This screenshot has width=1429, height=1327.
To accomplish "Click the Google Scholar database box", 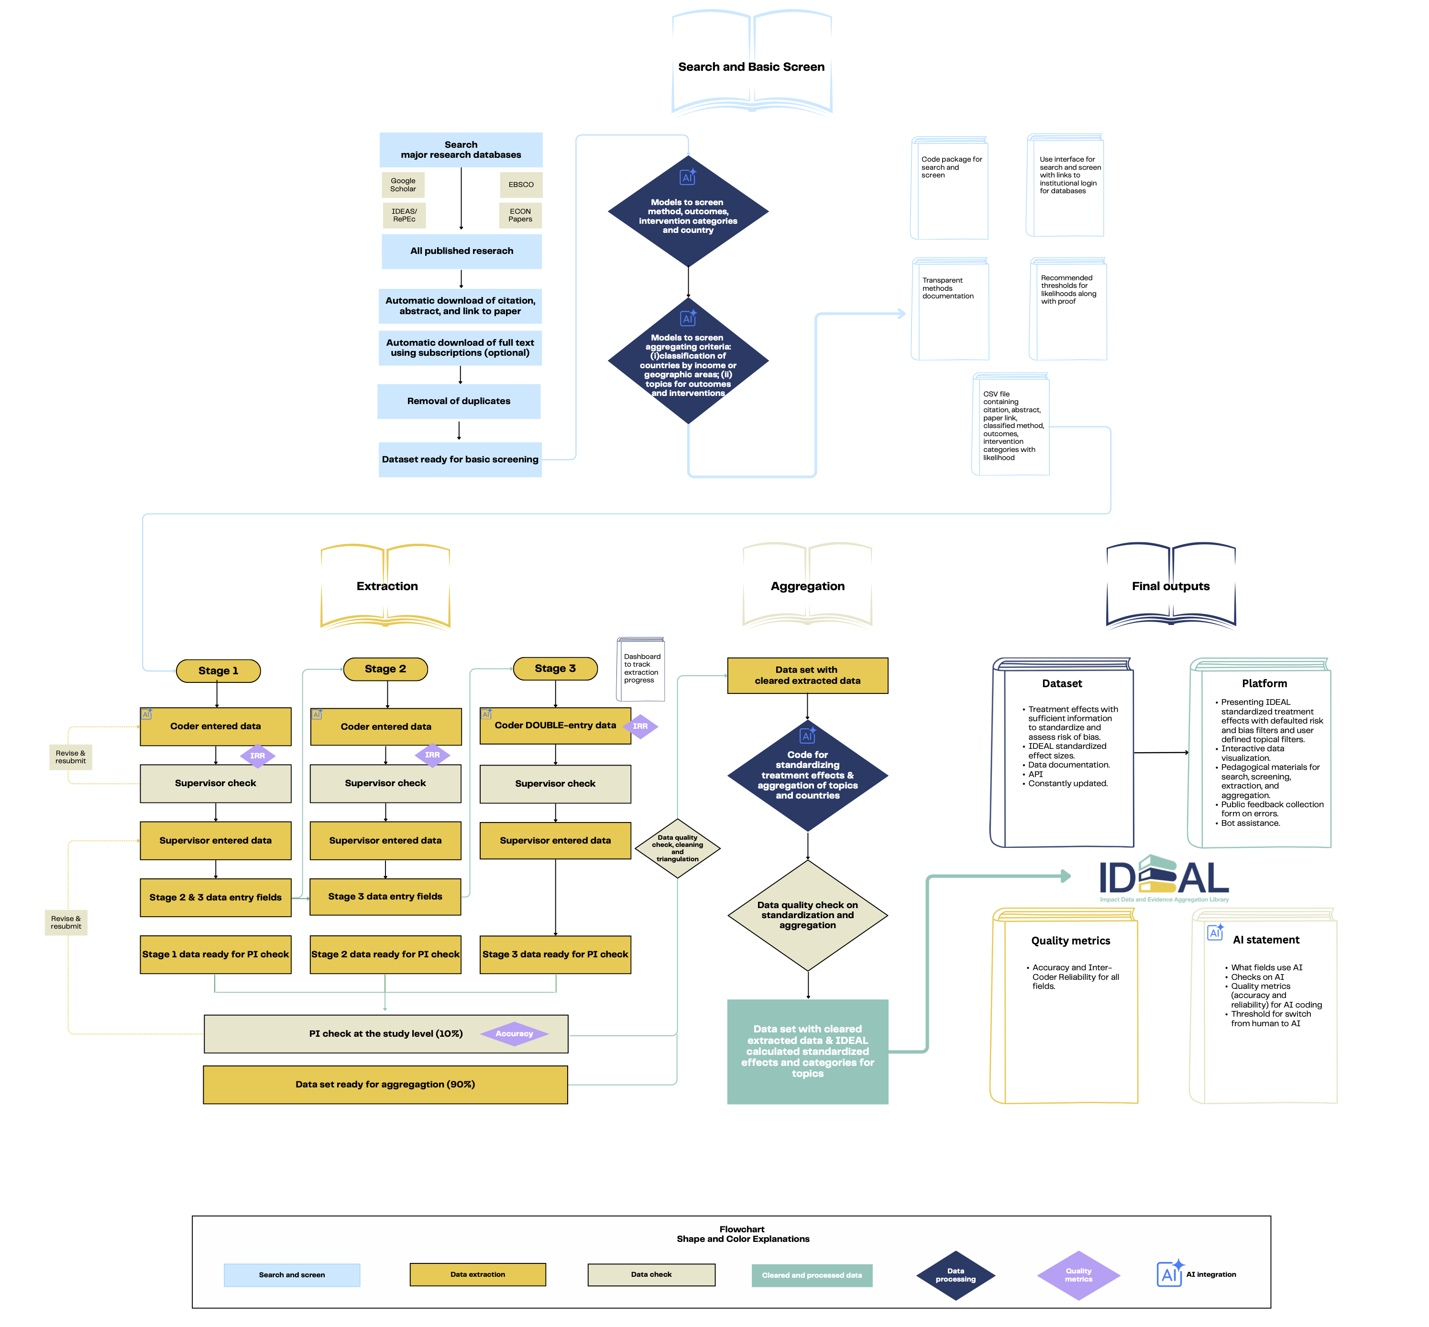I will point(403,185).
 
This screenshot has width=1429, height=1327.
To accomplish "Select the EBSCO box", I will point(521,185).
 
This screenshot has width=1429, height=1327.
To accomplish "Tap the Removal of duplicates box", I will point(458,401).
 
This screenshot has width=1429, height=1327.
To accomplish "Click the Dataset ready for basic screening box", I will point(460,460).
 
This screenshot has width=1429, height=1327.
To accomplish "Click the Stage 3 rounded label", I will point(555,669).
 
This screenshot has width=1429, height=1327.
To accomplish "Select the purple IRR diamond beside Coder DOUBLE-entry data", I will point(640,727).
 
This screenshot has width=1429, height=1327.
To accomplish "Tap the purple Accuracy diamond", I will point(514,1034).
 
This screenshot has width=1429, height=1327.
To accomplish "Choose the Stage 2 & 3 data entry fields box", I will point(215,898).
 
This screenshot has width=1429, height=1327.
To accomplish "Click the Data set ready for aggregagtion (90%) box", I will point(385,1084).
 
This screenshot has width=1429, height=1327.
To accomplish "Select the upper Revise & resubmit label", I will point(70,757).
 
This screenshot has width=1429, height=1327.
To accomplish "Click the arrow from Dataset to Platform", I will point(1160,753).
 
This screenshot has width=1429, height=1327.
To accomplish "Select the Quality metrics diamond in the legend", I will point(1078,1275).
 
